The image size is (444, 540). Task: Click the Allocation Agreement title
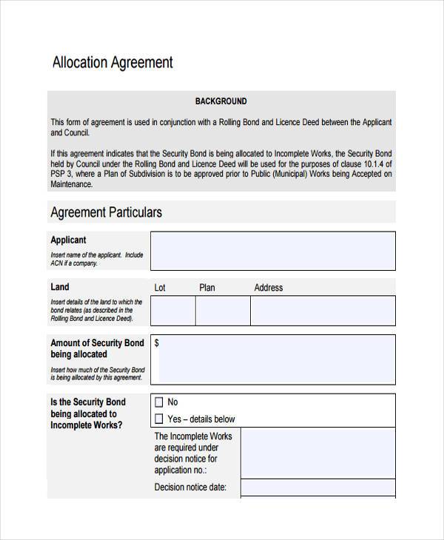click(x=112, y=63)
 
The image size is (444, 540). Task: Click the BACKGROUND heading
click(x=221, y=101)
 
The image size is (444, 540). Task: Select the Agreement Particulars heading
click(x=106, y=212)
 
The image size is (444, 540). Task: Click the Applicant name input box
click(x=272, y=251)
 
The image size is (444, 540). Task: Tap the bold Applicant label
click(x=68, y=240)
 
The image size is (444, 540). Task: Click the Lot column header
click(x=160, y=288)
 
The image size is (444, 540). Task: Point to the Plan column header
click(x=207, y=288)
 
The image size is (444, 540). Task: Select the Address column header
click(x=269, y=288)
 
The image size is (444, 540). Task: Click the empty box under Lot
click(x=173, y=311)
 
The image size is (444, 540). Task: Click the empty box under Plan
click(x=223, y=311)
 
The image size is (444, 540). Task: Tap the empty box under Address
click(x=323, y=311)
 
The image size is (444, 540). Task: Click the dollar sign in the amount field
click(x=157, y=343)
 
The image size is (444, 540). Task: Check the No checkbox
click(x=158, y=402)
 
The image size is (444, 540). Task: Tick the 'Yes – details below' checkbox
click(x=158, y=419)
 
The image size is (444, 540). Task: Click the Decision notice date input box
click(x=317, y=487)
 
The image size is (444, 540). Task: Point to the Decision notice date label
click(x=190, y=487)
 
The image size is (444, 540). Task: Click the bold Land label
click(x=60, y=287)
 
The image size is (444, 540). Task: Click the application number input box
click(x=317, y=452)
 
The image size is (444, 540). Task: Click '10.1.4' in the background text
click(x=371, y=164)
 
